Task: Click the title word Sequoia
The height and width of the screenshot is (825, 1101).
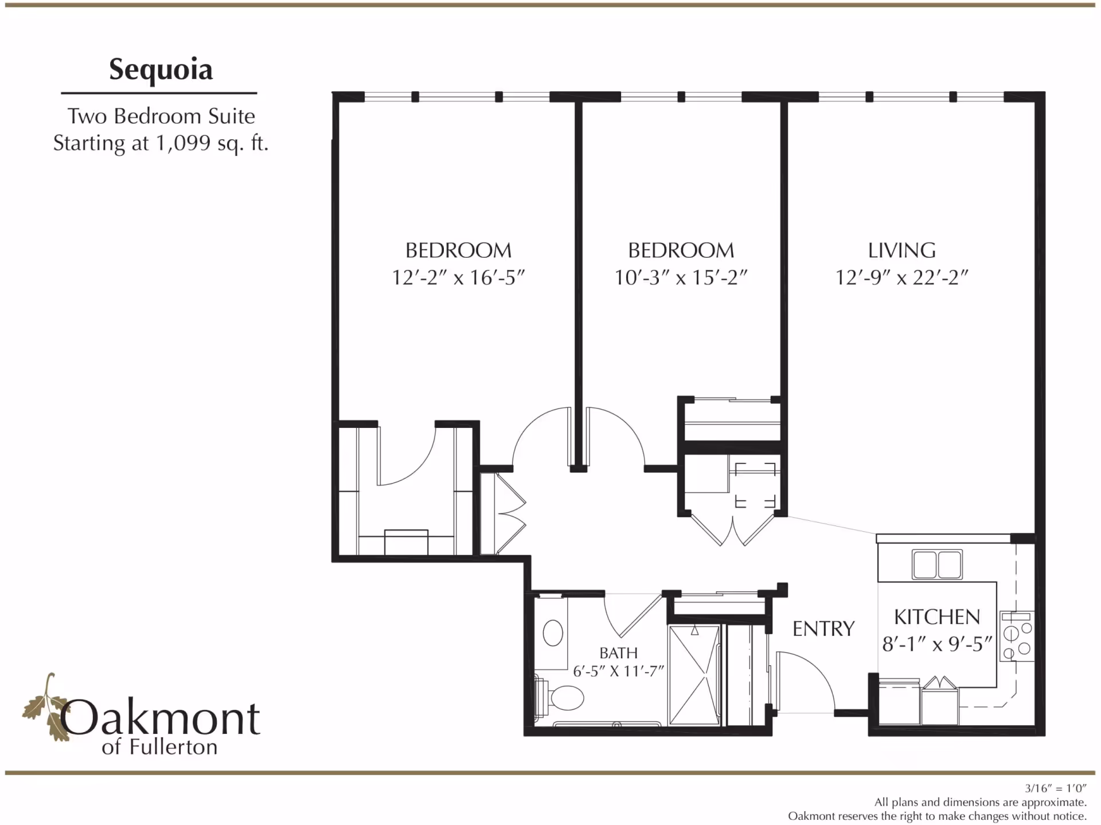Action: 161,70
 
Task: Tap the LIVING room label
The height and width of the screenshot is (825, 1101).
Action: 901,250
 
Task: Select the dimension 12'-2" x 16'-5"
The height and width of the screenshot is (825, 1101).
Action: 458,278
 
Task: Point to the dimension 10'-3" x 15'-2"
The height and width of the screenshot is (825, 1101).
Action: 681,278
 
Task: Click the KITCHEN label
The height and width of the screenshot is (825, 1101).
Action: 937,617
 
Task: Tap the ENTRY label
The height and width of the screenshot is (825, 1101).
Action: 823,628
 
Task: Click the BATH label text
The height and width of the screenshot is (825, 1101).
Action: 618,653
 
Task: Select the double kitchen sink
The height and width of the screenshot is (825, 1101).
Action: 937,564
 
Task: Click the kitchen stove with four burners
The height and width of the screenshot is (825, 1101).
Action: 1016,637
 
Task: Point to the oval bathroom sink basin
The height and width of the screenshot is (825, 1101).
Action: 553,633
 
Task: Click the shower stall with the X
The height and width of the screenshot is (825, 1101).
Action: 694,675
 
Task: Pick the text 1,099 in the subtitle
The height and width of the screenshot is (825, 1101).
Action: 183,143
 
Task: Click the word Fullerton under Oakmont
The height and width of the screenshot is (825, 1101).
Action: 173,747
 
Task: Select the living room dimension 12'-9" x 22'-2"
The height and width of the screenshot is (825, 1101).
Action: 901,278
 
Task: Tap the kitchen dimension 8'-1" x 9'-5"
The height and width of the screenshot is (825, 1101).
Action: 937,645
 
